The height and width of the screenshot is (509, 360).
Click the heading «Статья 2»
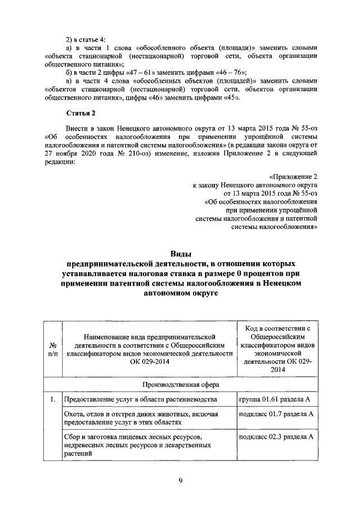[82, 113]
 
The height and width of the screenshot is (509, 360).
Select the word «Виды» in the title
[180, 254]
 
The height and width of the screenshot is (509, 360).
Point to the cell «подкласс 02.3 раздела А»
[276, 436]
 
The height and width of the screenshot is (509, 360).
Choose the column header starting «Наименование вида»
[150, 344]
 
